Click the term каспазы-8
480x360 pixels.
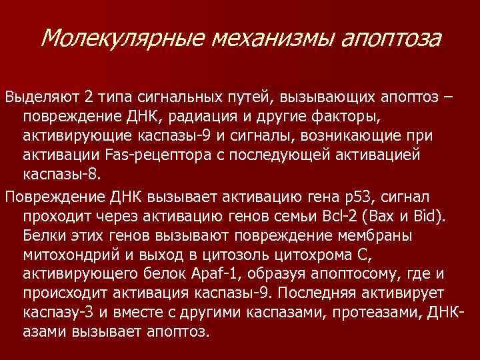[55, 175]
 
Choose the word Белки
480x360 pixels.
[43, 237]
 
